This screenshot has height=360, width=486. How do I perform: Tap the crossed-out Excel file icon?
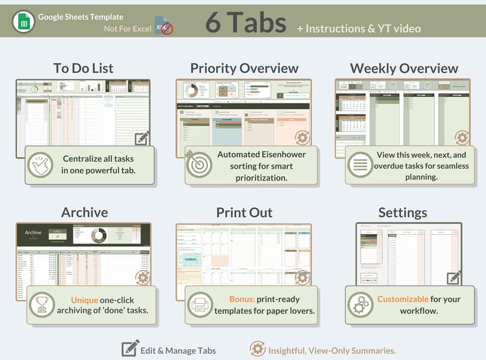(x=163, y=26)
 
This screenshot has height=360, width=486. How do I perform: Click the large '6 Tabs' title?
(x=245, y=23)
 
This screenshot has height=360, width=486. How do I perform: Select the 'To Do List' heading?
(x=83, y=68)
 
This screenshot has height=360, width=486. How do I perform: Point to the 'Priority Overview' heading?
(x=244, y=68)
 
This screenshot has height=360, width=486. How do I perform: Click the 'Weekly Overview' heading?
(x=404, y=68)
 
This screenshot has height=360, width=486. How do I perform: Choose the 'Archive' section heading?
(x=84, y=212)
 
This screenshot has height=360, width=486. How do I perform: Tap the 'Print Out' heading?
(x=244, y=212)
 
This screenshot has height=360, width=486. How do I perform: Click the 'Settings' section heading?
(x=403, y=212)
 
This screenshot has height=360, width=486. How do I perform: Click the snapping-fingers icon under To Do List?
(x=41, y=165)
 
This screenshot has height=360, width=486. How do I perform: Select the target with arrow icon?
(x=199, y=164)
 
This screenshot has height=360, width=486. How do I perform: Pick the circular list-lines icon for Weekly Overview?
(x=360, y=165)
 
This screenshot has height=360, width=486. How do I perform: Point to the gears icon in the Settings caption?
(x=360, y=304)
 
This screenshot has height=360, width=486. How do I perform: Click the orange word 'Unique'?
(x=84, y=300)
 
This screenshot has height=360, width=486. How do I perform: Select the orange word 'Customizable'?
(x=402, y=299)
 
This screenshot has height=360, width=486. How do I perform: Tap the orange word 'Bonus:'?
(x=244, y=300)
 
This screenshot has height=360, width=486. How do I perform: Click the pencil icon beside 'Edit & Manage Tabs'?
(x=130, y=348)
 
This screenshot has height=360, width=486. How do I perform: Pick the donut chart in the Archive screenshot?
(x=97, y=235)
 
